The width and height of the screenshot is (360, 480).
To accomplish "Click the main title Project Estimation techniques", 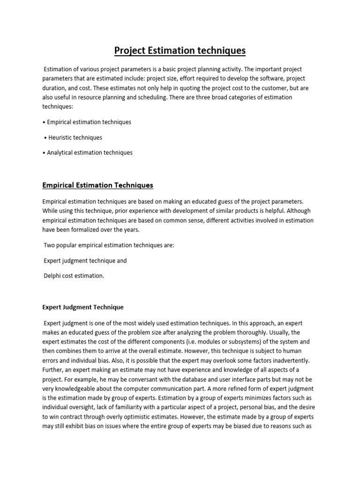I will click(x=180, y=50).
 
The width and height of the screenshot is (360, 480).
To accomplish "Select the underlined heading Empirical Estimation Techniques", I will click(x=97, y=185).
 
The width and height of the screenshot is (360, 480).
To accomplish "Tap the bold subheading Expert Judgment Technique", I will click(x=83, y=307).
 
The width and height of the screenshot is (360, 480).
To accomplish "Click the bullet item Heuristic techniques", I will click(x=75, y=137).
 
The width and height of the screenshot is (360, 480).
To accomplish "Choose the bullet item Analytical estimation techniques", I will click(x=89, y=152).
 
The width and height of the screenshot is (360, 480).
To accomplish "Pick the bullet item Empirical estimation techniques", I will click(x=89, y=122).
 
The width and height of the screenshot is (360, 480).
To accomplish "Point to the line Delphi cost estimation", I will click(x=74, y=276).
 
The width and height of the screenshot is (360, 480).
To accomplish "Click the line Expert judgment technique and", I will click(x=85, y=260).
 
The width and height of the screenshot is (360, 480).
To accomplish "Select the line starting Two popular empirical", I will click(x=109, y=245).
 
